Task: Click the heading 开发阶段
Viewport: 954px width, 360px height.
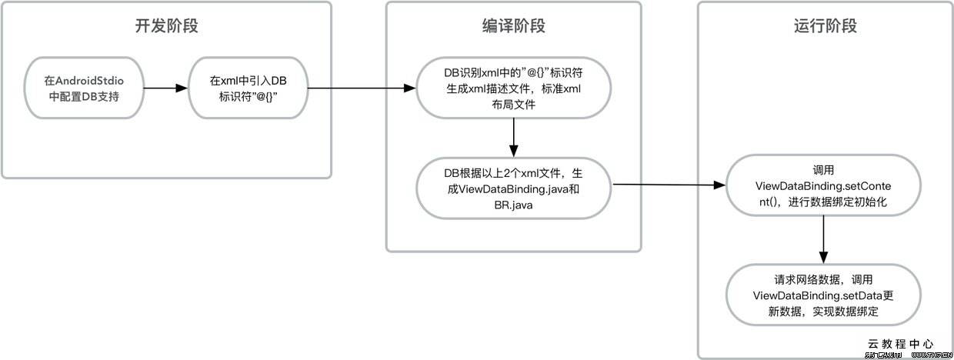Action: pyautogui.click(x=167, y=25)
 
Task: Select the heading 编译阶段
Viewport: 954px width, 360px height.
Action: pyautogui.click(x=513, y=25)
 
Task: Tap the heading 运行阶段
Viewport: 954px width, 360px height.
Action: pyautogui.click(x=825, y=25)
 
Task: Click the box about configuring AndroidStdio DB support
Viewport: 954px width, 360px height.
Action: pyautogui.click(x=83, y=88)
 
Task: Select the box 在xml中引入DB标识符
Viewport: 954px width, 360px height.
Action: pyautogui.click(x=248, y=88)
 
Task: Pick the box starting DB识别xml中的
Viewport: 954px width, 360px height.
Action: pyautogui.click(x=513, y=88)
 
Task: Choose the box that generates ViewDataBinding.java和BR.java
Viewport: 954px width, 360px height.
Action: pyautogui.click(x=513, y=188)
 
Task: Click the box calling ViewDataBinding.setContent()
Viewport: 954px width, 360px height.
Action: pyautogui.click(x=823, y=185)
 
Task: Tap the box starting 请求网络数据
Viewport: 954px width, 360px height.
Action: pyautogui.click(x=823, y=295)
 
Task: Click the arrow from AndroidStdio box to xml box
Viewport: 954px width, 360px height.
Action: pyautogui.click(x=165, y=88)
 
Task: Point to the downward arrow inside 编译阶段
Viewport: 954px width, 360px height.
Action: pyautogui.click(x=513, y=138)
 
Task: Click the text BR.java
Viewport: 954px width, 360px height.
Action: pyautogui.click(x=513, y=205)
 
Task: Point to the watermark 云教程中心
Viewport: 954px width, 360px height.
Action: pyautogui.click(x=901, y=344)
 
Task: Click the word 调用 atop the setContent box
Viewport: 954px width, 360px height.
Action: pyautogui.click(x=823, y=170)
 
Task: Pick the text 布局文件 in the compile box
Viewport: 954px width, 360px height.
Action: pyautogui.click(x=513, y=104)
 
